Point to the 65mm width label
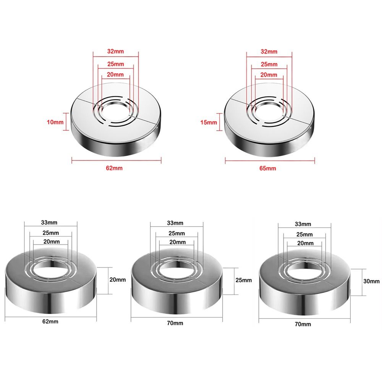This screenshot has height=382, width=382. (x=270, y=168)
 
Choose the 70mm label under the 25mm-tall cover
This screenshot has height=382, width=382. (x=176, y=323)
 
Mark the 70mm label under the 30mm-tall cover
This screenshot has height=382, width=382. (x=303, y=324)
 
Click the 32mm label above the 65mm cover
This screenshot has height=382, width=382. (x=269, y=51)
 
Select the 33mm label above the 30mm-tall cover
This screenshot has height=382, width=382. (x=303, y=224)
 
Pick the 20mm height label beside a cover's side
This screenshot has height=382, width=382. (x=117, y=280)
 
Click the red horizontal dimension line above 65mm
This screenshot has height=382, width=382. (x=270, y=160)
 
